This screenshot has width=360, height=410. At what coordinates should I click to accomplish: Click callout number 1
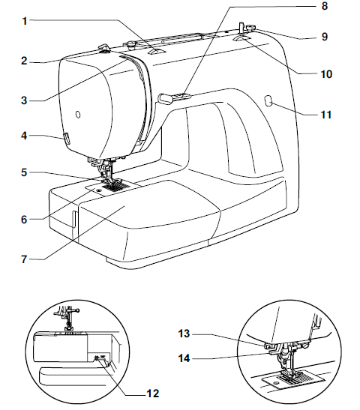click(25, 22)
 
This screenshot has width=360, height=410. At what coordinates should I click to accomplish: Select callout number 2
click(25, 61)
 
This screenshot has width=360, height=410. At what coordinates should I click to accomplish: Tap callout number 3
click(25, 99)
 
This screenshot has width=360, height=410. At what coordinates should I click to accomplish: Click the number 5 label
click(25, 172)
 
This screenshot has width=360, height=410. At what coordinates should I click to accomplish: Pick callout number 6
click(25, 220)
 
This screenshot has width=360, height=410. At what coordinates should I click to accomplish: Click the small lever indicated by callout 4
click(66, 138)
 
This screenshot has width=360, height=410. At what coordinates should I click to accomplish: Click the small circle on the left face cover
click(77, 113)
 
